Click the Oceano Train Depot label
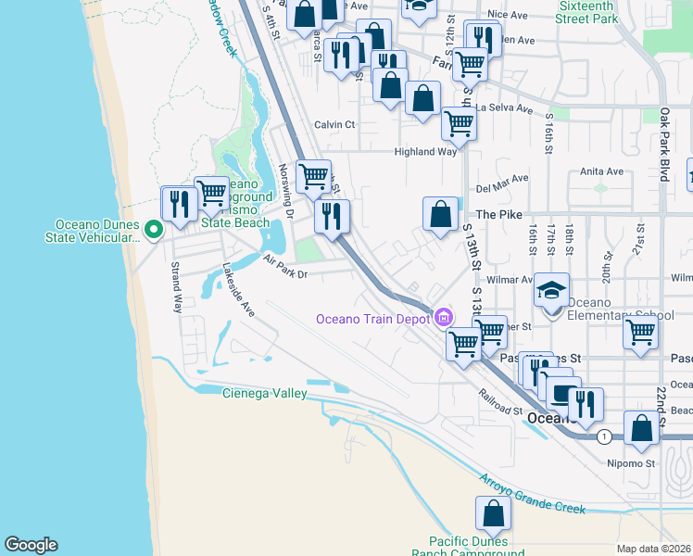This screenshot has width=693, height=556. tap(372, 319)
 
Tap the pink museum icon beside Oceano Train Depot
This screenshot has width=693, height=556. tap(444, 318)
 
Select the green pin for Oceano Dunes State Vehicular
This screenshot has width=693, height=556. tap(155, 228)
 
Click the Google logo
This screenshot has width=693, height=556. tap(31, 545)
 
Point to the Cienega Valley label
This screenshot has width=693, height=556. tap(264, 394)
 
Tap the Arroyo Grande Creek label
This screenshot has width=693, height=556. tap(532, 494)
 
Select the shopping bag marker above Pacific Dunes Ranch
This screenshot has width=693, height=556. tap(493, 512)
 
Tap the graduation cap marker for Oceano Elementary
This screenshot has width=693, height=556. tap(550, 291)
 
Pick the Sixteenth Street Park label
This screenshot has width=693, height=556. tap(588, 12)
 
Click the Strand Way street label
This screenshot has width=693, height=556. tap(176, 288)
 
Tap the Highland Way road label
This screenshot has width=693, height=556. tap(425, 151)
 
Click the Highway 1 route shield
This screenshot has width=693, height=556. tap(604, 436)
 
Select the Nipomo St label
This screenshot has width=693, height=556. tap(631, 462)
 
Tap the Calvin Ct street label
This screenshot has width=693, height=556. tap(334, 124)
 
